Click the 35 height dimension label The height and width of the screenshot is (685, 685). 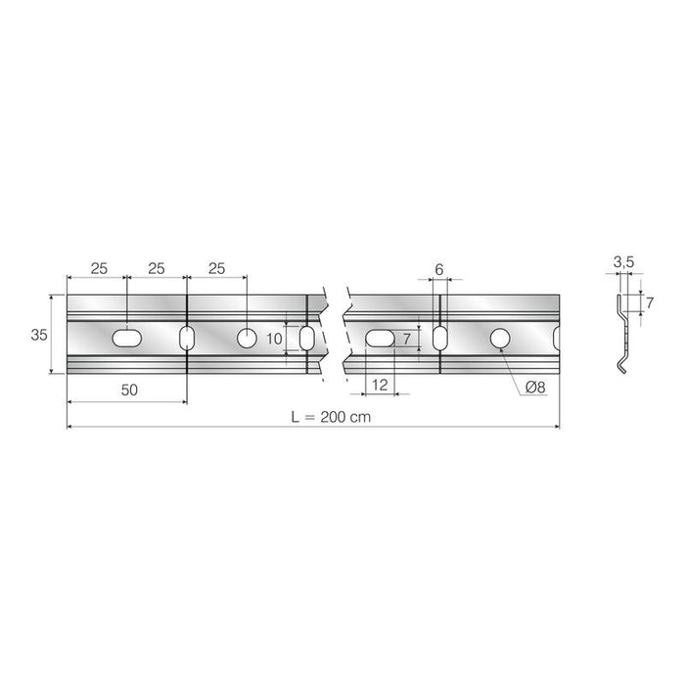tap(39, 335)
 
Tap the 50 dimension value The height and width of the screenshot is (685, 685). tap(129, 389)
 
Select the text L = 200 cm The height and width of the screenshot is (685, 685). tap(331, 417)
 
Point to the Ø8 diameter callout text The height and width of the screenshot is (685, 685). tap(535, 388)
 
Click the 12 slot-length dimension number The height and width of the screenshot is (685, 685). tap(380, 385)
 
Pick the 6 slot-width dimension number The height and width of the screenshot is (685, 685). tap(439, 269)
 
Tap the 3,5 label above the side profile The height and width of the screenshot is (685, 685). tap(624, 262)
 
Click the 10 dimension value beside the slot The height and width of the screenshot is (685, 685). tap(274, 339)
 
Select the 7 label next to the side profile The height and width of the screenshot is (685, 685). tap(650, 302)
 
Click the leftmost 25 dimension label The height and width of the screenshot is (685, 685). tap(99, 268)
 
